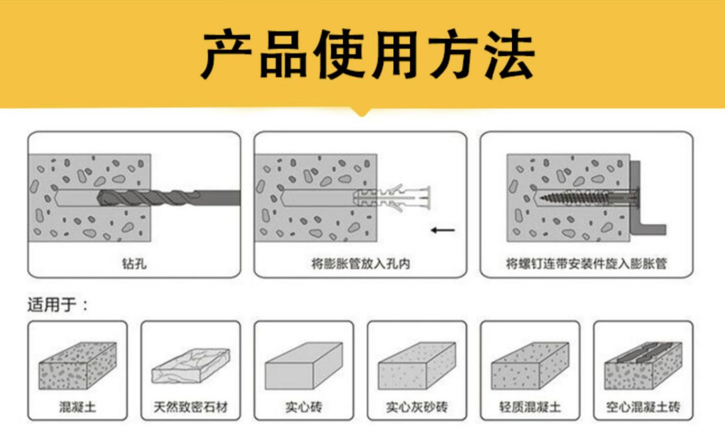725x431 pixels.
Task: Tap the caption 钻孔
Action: click(134, 264)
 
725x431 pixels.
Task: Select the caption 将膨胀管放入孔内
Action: click(360, 264)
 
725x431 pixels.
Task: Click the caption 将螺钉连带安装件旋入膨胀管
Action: click(586, 264)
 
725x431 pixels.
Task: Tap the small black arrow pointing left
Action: click(442, 230)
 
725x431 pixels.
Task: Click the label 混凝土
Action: click(77, 407)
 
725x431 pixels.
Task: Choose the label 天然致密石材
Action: click(190, 407)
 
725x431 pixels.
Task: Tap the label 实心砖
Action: click(304, 407)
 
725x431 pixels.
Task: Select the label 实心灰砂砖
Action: click(417, 407)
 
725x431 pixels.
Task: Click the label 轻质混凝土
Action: click(530, 407)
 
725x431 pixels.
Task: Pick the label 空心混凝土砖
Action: click(643, 407)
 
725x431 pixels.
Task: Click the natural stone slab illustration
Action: click(191, 365)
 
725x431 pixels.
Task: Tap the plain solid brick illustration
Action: click(304, 365)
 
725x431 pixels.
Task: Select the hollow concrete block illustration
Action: click(643, 365)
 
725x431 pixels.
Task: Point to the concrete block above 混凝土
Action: click(77, 365)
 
